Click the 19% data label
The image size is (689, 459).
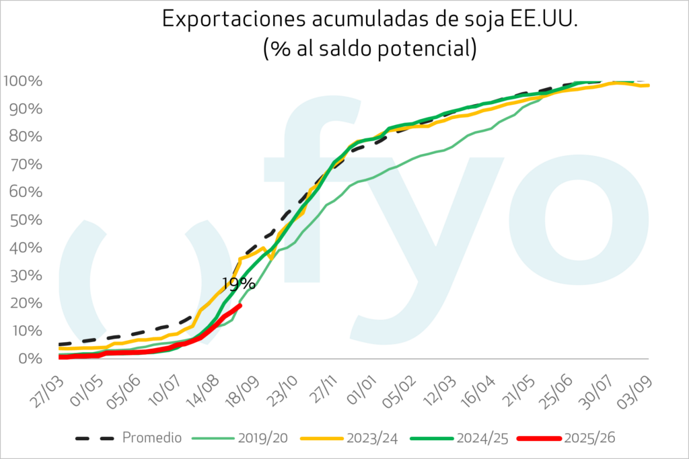238,283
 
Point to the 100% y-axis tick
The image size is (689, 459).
24,81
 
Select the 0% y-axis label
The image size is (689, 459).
30,358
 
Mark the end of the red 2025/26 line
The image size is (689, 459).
240,305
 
